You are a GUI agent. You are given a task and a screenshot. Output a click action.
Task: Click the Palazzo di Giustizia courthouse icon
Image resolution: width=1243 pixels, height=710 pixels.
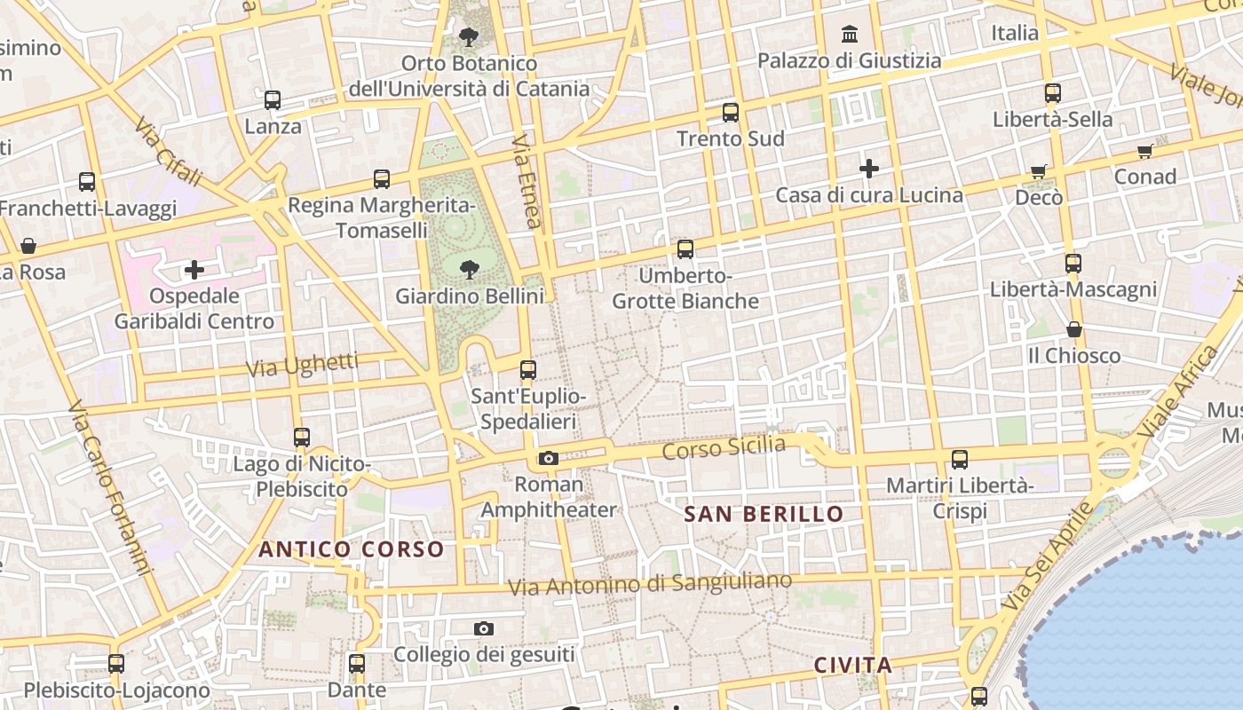pyautogui.click(x=850, y=35)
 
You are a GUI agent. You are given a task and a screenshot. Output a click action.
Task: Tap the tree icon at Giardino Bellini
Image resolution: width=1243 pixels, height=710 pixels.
pyautogui.click(x=469, y=269)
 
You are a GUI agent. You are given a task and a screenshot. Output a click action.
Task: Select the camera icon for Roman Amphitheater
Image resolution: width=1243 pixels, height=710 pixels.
pyautogui.click(x=549, y=458)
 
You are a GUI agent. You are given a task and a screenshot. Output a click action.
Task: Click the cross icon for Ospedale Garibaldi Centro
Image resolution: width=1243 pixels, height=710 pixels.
pyautogui.click(x=194, y=269)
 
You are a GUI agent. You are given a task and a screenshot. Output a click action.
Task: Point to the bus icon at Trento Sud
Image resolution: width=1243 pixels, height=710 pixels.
pyautogui.click(x=731, y=113)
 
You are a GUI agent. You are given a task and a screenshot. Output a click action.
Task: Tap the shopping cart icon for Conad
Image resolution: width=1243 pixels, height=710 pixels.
pyautogui.click(x=1145, y=151)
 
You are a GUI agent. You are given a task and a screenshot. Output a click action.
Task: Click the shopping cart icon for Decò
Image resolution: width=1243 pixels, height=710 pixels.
pyautogui.click(x=1039, y=171)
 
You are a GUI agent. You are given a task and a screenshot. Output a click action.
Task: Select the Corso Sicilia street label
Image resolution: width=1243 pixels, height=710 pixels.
pyautogui.click(x=724, y=447)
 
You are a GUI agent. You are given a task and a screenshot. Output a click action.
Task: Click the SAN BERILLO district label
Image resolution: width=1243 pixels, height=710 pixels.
pyautogui.click(x=764, y=514)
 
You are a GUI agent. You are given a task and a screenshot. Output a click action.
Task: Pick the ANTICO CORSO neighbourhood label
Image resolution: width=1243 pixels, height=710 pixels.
pyautogui.click(x=351, y=549)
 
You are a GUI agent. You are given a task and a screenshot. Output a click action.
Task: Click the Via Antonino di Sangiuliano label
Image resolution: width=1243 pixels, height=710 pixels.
pyautogui.click(x=650, y=584)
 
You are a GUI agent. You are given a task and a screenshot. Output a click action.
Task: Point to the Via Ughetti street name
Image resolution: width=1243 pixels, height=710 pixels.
pyautogui.click(x=303, y=364)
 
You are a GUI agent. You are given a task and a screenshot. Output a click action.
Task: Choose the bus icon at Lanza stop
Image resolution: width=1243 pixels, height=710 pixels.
pyautogui.click(x=273, y=100)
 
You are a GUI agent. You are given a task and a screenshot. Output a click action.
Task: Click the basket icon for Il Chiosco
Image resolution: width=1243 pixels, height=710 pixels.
pyautogui.click(x=1074, y=329)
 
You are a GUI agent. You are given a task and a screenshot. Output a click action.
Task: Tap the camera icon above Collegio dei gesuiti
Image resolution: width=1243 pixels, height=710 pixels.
pyautogui.click(x=484, y=628)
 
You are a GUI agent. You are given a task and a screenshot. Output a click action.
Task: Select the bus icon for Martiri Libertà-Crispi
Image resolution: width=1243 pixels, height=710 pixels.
pyautogui.click(x=960, y=460)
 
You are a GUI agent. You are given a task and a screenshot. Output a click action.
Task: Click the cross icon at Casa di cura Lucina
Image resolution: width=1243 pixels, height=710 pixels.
pyautogui.click(x=869, y=168)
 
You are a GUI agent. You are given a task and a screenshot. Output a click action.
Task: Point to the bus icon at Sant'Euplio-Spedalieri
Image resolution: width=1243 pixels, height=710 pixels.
pyautogui.click(x=528, y=370)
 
